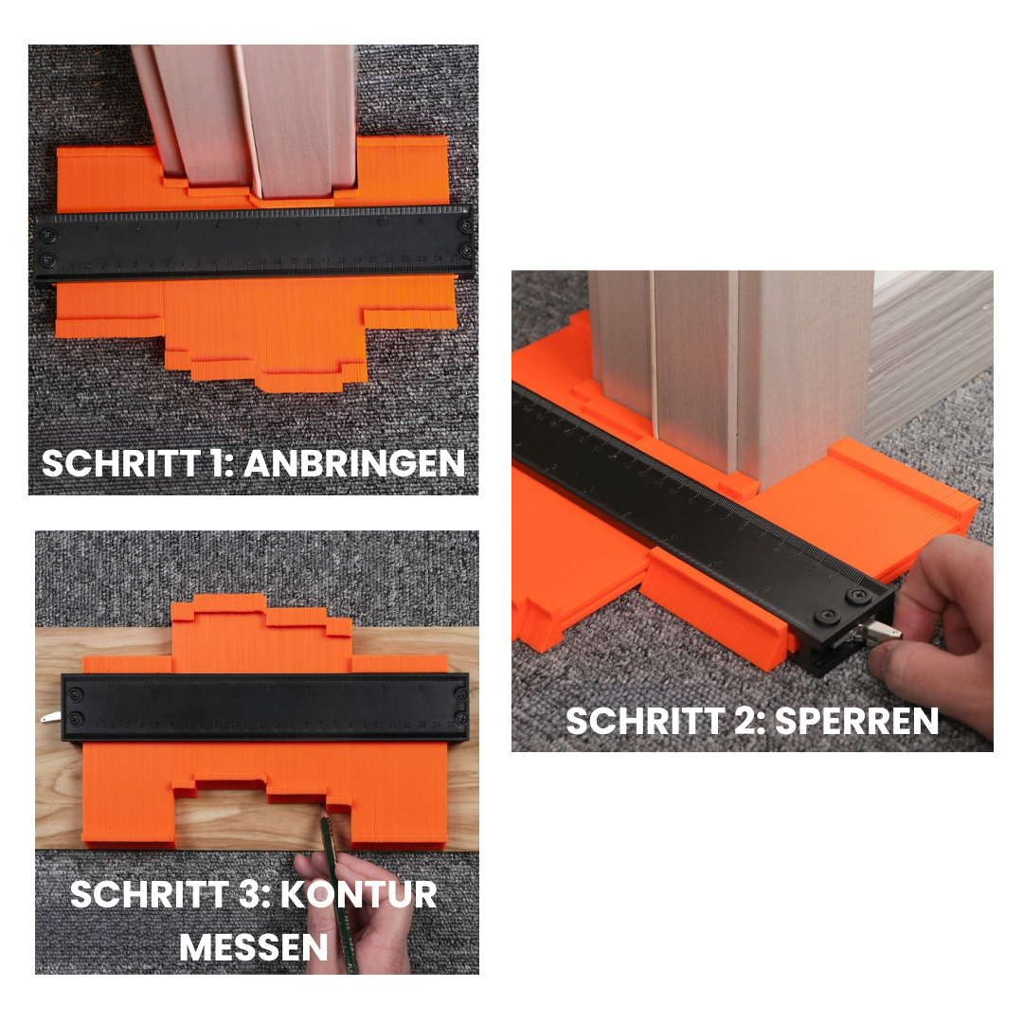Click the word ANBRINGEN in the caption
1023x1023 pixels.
point(354,464)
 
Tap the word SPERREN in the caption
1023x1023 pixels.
point(856,722)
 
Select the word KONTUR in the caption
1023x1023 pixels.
point(359,894)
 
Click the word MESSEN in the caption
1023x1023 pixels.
point(253,948)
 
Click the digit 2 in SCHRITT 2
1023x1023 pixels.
point(748,722)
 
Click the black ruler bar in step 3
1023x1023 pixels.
point(265,708)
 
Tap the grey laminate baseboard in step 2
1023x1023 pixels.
point(930,352)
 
